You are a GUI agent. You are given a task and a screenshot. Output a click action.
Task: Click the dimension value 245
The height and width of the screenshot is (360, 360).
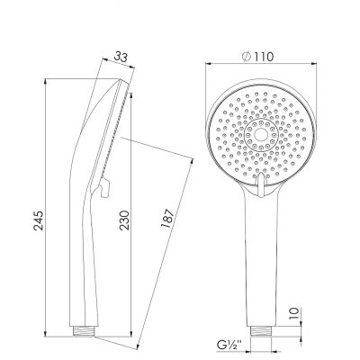click(39, 220)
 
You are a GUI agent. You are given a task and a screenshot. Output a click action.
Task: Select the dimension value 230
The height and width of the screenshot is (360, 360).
click(124, 220)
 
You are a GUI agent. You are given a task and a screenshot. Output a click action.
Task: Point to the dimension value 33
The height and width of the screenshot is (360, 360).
click(121, 57)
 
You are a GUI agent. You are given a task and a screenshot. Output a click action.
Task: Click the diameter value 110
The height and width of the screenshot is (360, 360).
click(263, 57)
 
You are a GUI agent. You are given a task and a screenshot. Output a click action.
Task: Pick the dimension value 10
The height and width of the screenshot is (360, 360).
click(295, 312)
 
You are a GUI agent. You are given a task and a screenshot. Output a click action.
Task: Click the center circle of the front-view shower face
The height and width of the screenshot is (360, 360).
click(261, 134)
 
